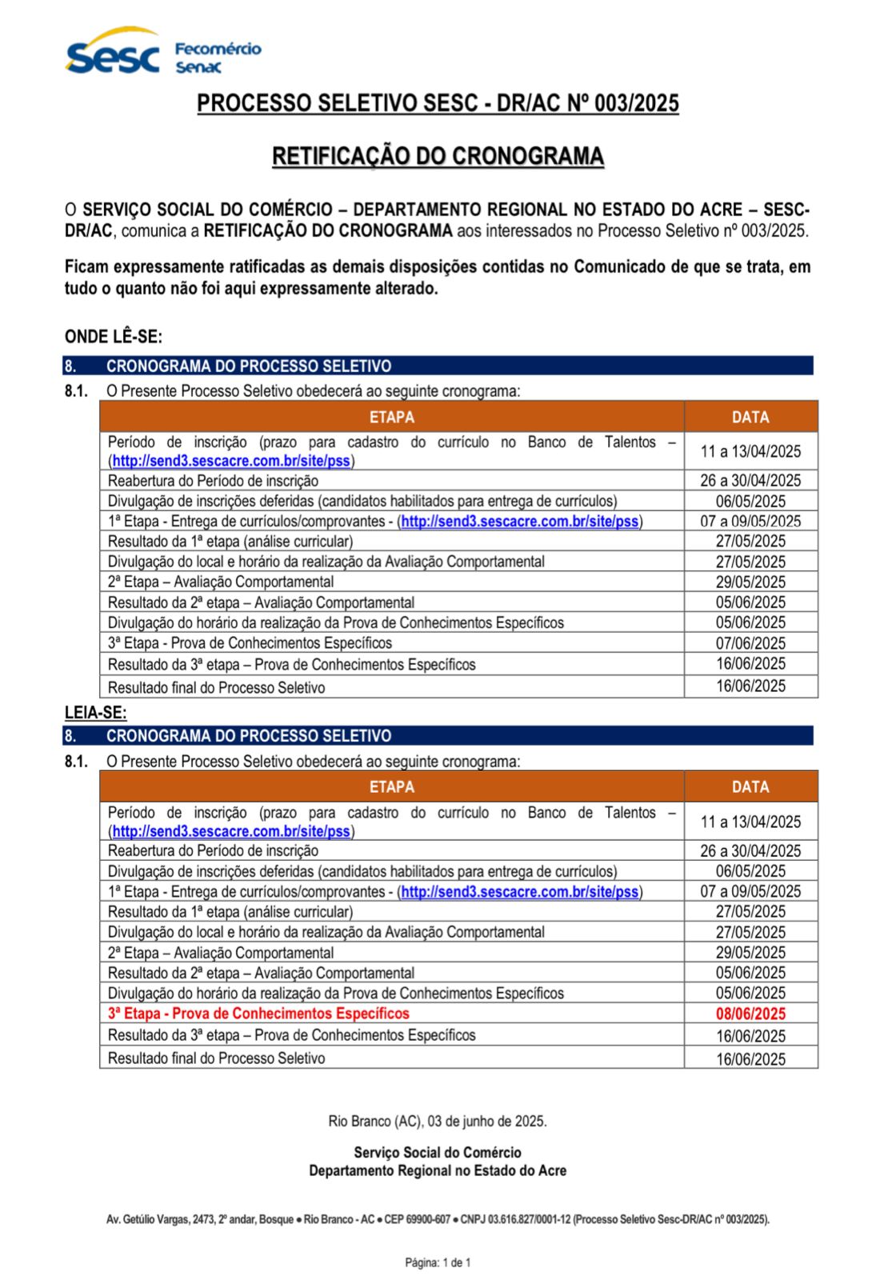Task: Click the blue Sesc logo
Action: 112,54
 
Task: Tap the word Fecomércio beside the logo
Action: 218,49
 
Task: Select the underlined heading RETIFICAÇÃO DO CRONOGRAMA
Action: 438,156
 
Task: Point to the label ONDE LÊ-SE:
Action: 114,337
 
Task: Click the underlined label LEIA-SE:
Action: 95,713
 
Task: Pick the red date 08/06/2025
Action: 750,1014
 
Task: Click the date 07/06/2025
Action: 750,643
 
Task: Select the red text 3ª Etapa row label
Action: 258,1014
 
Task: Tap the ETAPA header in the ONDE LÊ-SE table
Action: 391,417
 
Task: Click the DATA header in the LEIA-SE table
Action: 750,787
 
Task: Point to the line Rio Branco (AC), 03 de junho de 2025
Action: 438,1121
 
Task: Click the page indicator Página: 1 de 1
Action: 438,1262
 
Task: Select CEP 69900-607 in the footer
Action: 417,1219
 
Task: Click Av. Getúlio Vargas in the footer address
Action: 148,1219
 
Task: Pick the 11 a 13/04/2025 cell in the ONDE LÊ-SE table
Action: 750,451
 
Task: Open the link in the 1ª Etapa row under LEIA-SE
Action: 520,891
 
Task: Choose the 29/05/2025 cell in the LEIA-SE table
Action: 750,953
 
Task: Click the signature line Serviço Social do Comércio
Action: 438,1152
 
